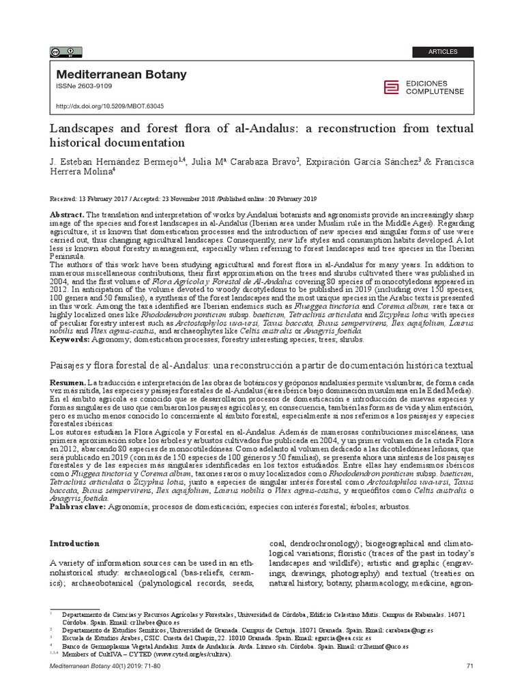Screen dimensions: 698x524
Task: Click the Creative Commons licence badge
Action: (x=65, y=51)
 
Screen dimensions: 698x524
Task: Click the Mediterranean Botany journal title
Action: (x=121, y=75)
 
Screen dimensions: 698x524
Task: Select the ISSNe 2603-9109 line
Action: (x=84, y=87)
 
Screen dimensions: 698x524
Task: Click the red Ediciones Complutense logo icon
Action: (x=391, y=87)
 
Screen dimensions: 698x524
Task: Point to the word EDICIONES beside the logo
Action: (x=426, y=82)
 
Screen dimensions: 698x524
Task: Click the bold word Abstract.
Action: (x=67, y=215)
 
